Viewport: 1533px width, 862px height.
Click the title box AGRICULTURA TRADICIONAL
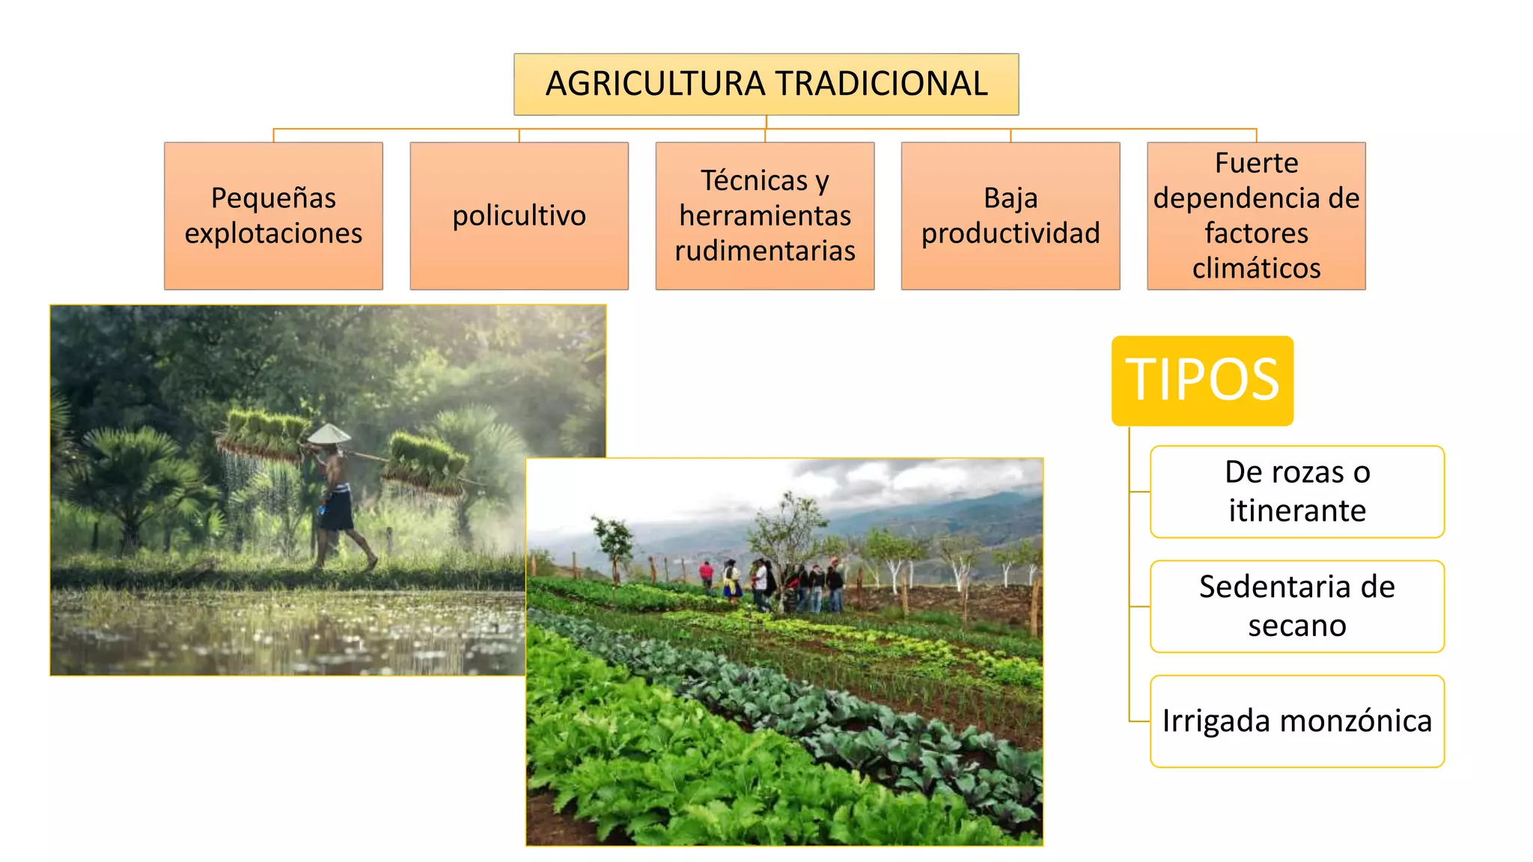tap(766, 84)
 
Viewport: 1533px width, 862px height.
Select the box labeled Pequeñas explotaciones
tap(273, 215)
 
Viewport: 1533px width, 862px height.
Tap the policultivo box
tap(519, 215)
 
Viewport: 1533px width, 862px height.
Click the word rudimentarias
tap(764, 251)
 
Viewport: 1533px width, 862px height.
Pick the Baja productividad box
tap(1011, 215)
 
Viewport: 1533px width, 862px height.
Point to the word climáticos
tap(1256, 268)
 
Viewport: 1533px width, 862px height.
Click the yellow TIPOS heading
tap(1202, 380)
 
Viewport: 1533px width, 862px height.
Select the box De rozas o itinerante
tap(1296, 492)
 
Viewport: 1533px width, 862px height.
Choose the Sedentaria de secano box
tap(1296, 606)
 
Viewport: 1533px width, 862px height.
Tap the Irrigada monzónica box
tap(1296, 721)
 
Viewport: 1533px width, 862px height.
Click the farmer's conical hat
tap(329, 434)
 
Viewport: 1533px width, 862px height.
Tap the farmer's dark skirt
tap(336, 509)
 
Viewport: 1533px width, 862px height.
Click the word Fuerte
tap(1256, 163)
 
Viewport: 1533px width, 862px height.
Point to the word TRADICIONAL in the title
tap(880, 84)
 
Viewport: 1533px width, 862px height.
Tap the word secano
tap(1296, 626)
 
